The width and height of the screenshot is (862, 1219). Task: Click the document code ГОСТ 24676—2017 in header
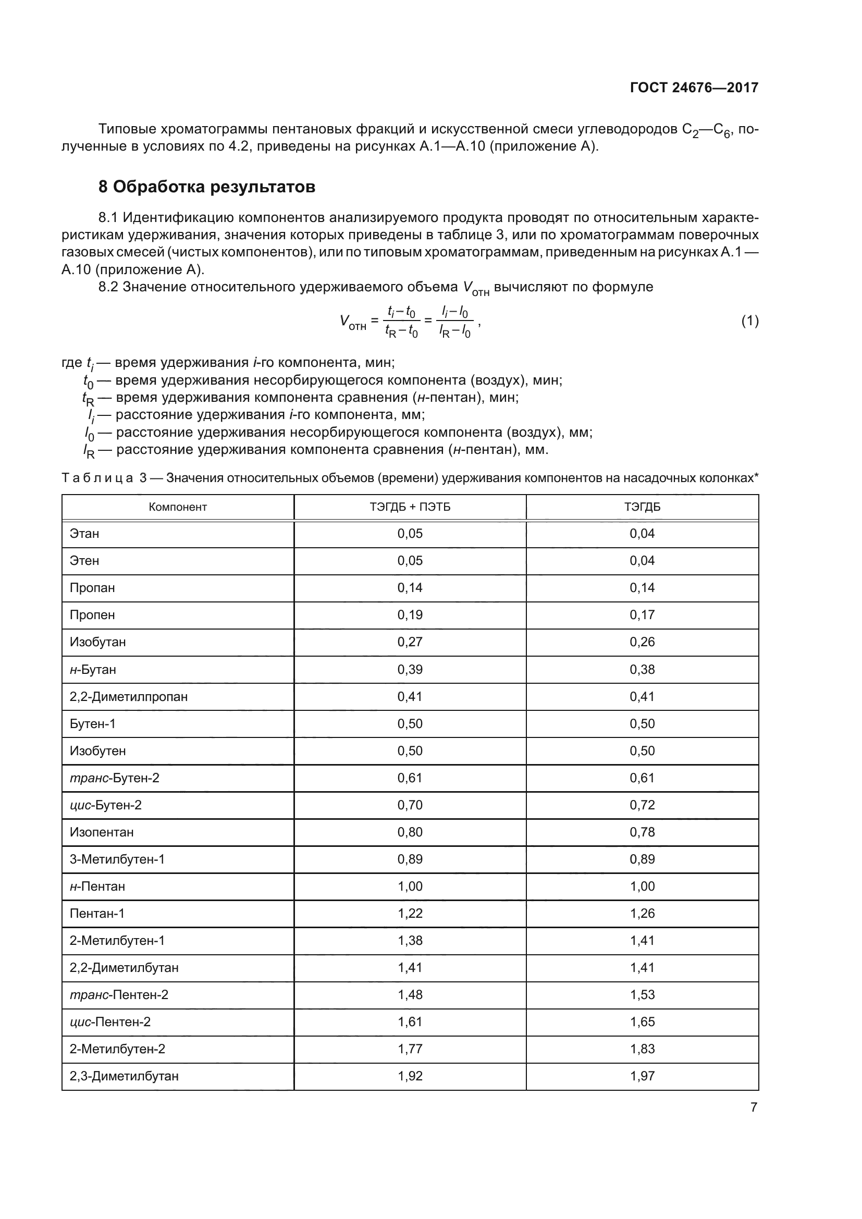(694, 88)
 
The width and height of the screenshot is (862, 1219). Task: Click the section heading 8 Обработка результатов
(206, 187)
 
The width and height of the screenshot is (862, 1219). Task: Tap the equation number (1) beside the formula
(749, 321)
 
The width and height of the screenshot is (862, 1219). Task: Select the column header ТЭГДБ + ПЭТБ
(410, 507)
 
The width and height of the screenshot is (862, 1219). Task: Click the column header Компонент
(177, 507)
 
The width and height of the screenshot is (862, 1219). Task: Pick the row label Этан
(84, 534)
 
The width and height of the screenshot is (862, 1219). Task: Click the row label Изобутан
(97, 642)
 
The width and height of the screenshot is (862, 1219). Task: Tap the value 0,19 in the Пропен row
(410, 615)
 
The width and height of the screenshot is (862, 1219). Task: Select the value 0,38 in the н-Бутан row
(642, 670)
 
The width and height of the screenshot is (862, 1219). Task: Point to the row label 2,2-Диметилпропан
(128, 697)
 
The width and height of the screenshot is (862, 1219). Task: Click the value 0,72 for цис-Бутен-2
(642, 805)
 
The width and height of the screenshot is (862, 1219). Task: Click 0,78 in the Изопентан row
(642, 832)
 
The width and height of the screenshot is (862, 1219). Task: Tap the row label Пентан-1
(96, 913)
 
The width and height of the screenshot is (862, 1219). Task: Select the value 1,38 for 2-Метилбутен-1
(410, 941)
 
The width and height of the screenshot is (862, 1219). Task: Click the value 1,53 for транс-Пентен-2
(642, 995)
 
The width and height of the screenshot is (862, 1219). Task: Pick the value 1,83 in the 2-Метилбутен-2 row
(642, 1049)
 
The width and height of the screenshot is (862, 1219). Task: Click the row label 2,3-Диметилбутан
(124, 1076)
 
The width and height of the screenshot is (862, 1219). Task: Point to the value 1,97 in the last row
(642, 1076)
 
